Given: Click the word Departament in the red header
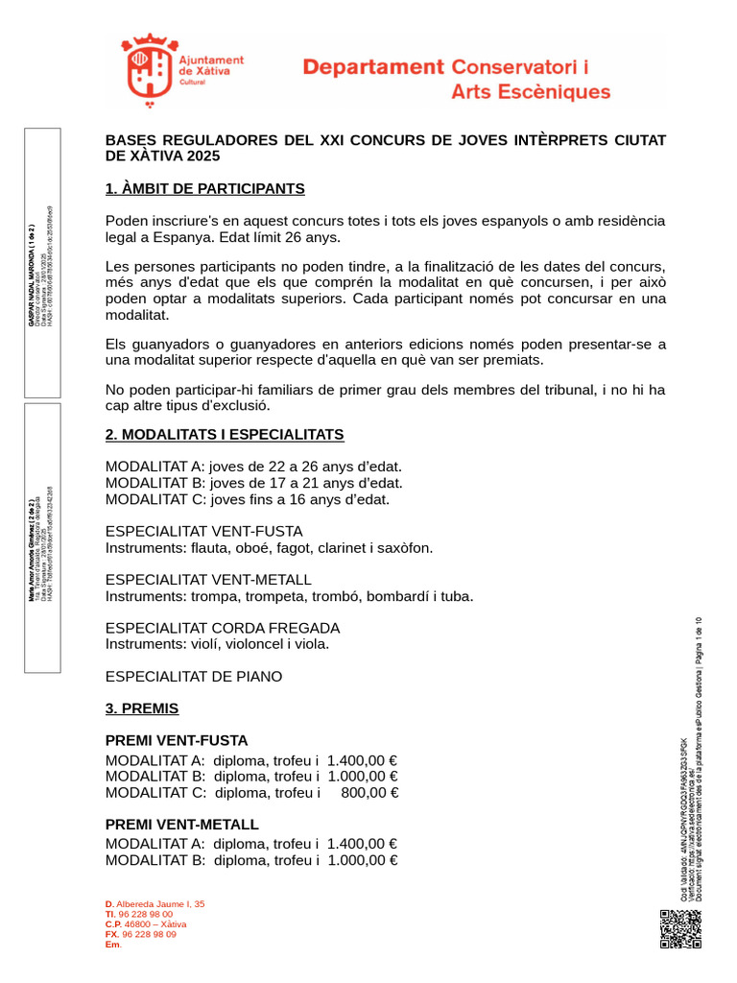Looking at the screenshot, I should (373, 67).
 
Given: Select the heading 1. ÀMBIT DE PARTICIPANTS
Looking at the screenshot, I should (204, 188).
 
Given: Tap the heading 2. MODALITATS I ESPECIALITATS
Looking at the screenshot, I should (224, 435).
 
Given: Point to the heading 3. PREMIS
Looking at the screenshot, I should (141, 708).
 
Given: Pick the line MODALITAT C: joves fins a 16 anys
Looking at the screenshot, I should (247, 499).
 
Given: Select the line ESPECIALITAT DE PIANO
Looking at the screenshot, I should (193, 677).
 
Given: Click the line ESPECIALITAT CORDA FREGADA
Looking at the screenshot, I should (222, 628).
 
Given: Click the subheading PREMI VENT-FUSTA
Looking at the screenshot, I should (176, 741).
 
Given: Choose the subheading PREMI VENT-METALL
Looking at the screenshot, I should (181, 825).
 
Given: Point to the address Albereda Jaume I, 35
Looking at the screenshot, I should (160, 904).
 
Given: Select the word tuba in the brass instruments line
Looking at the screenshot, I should (456, 596).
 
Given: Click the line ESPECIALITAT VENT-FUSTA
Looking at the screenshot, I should (203, 531).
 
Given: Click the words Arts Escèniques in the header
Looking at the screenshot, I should (530, 93).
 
